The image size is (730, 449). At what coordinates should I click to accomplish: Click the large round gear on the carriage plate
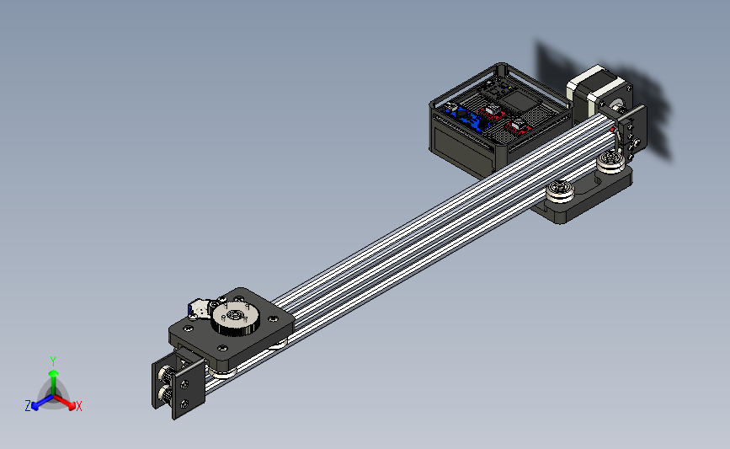tap(235, 319)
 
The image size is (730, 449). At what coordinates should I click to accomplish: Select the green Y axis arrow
tap(53, 382)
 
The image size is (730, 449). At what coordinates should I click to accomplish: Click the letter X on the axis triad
tap(78, 406)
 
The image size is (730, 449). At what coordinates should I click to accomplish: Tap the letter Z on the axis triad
tap(28, 406)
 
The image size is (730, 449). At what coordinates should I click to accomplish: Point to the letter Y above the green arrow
tap(53, 361)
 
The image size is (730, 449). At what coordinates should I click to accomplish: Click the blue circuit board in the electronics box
tap(466, 117)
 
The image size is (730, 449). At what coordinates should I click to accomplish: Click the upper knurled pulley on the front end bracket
tap(166, 374)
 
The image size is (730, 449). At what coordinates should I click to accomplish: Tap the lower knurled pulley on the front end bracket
tap(166, 394)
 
